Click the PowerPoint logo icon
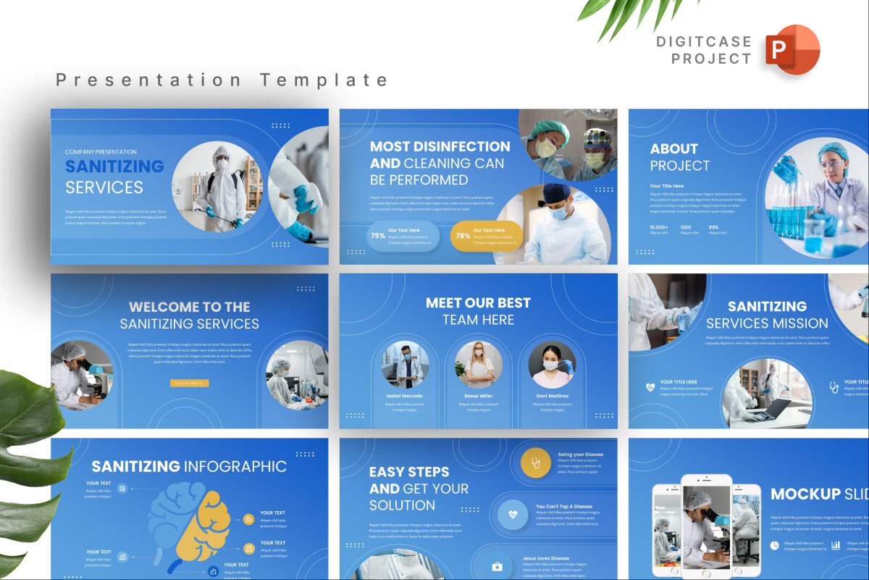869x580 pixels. tap(792, 49)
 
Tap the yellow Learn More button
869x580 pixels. tap(190, 383)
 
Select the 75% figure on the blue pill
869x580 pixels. tap(378, 236)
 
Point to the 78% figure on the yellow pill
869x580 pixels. tap(463, 236)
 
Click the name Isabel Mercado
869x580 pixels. tap(405, 396)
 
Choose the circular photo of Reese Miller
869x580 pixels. tap(479, 365)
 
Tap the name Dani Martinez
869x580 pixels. tap(552, 396)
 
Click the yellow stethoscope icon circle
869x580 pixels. tap(536, 463)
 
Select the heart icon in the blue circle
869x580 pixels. tap(513, 514)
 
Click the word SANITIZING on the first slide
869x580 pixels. tap(114, 166)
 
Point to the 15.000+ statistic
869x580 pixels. tap(659, 227)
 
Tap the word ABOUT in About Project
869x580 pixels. tap(674, 149)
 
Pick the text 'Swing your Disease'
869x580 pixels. tap(580, 455)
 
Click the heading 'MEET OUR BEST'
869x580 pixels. tap(478, 303)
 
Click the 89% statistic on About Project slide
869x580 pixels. tap(713, 227)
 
